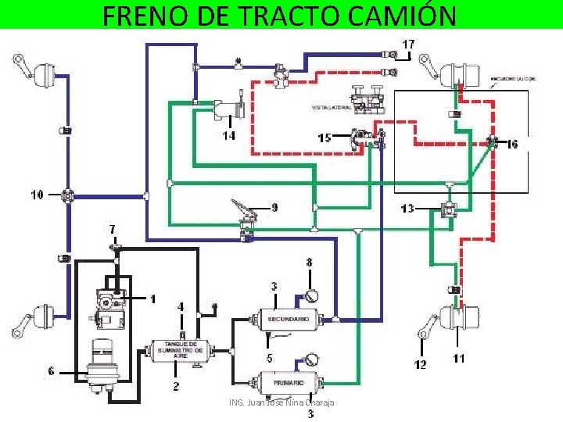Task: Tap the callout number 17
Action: coord(408,44)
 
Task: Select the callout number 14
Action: coord(228,135)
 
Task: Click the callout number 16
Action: coord(511,144)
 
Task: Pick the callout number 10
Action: coord(37,195)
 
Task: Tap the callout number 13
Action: coord(407,209)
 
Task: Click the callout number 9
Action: coord(274,207)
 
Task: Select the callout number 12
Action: coord(421,364)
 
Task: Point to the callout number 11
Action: coord(458,359)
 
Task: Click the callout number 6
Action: coord(51,371)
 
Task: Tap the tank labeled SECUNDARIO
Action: coord(289,319)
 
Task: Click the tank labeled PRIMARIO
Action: coord(289,384)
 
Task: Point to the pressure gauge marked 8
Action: coord(309,296)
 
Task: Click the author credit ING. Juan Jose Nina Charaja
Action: coord(281,402)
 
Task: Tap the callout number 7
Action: coord(113,229)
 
